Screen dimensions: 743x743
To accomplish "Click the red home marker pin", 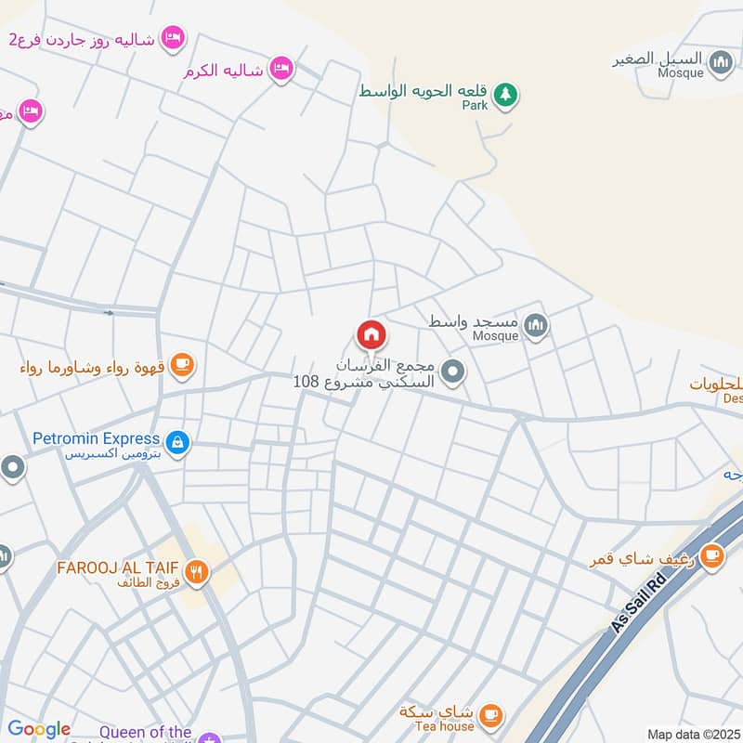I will [371, 334].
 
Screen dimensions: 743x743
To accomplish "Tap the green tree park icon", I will [504, 94].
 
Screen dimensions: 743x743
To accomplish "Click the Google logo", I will [39, 729].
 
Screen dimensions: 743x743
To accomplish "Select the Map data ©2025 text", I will [692, 734].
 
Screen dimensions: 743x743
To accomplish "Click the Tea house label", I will [444, 726].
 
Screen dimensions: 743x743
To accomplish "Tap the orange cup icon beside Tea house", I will [491, 715].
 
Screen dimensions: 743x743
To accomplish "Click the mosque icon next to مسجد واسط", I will [536, 325].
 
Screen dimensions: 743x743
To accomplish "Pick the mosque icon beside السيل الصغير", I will [722, 63].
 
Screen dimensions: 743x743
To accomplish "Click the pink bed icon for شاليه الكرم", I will [281, 68].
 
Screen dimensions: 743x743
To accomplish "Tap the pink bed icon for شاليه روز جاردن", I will [172, 38].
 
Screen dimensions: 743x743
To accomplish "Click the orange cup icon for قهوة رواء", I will [182, 364].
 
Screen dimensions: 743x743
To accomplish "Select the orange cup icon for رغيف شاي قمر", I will [712, 555].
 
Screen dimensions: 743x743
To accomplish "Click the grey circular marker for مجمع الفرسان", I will [452, 373].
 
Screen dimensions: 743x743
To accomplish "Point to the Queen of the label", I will [146, 733].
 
